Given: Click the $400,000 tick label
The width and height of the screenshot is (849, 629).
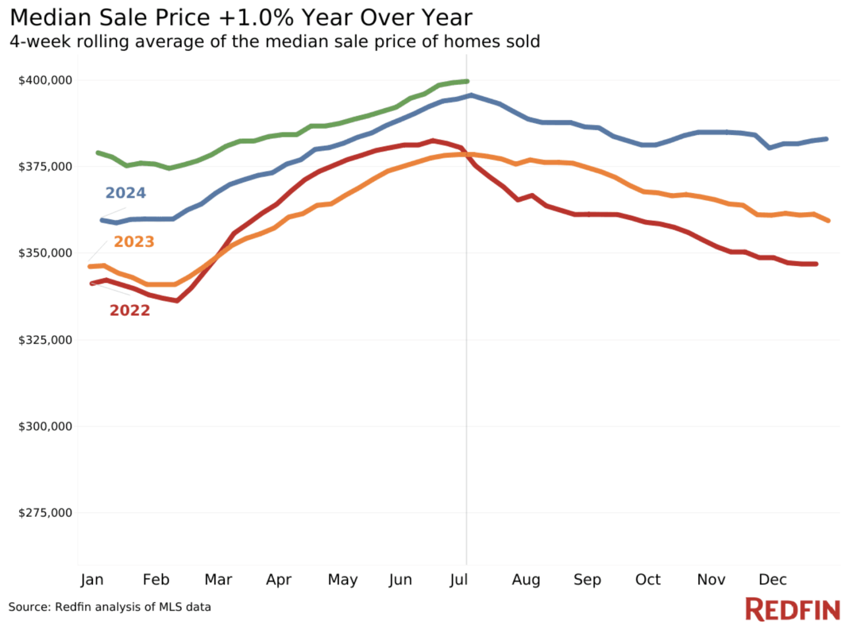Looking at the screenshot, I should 45,81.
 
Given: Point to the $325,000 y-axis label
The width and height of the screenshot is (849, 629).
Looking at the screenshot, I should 45,340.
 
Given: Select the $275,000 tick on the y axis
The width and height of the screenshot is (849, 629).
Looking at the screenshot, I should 45,513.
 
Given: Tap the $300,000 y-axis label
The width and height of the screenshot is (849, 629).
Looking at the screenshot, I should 45,427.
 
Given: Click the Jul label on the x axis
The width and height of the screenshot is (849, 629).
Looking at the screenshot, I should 459,580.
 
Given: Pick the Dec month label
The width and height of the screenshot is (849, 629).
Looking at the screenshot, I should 772,580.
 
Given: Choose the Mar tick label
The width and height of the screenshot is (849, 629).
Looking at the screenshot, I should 218,580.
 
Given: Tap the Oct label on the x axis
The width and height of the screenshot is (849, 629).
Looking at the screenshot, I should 648,580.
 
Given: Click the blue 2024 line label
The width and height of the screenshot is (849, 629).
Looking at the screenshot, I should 125,193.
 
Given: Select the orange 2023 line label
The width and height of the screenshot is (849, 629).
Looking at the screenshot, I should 134,242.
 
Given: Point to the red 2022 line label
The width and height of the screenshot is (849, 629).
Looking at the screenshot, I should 129,310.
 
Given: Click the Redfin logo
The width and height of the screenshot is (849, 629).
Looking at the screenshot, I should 792,610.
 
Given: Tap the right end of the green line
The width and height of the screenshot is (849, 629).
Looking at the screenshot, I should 468,82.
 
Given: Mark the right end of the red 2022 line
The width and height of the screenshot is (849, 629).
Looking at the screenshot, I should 816,264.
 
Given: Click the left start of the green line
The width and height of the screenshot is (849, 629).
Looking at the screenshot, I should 98,152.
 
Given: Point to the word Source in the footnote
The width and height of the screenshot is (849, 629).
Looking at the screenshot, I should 29,607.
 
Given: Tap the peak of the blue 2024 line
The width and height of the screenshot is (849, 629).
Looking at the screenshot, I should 471,96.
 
